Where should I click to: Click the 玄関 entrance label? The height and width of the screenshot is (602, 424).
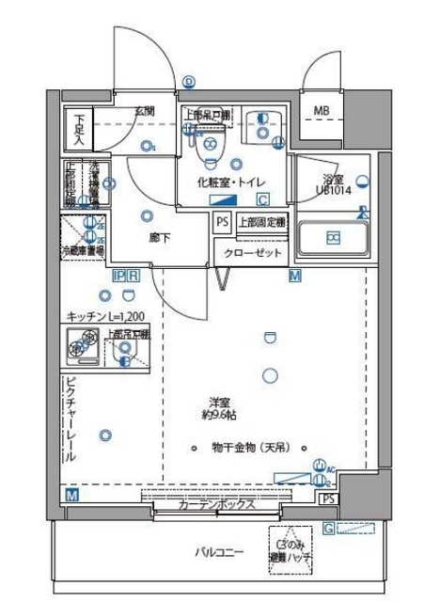click(x=144, y=111)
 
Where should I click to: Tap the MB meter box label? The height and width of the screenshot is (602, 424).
click(x=322, y=111)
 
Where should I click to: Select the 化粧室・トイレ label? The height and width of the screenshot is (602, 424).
click(x=231, y=181)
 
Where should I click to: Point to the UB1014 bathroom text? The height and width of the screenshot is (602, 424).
click(x=330, y=189)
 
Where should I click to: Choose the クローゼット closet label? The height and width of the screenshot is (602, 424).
click(x=247, y=253)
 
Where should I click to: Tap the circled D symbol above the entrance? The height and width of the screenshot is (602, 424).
click(x=189, y=82)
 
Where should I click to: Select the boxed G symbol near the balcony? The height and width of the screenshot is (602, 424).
click(x=328, y=528)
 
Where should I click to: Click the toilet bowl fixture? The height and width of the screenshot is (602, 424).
click(x=212, y=147)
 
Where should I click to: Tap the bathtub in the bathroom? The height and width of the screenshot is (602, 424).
click(x=333, y=239)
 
